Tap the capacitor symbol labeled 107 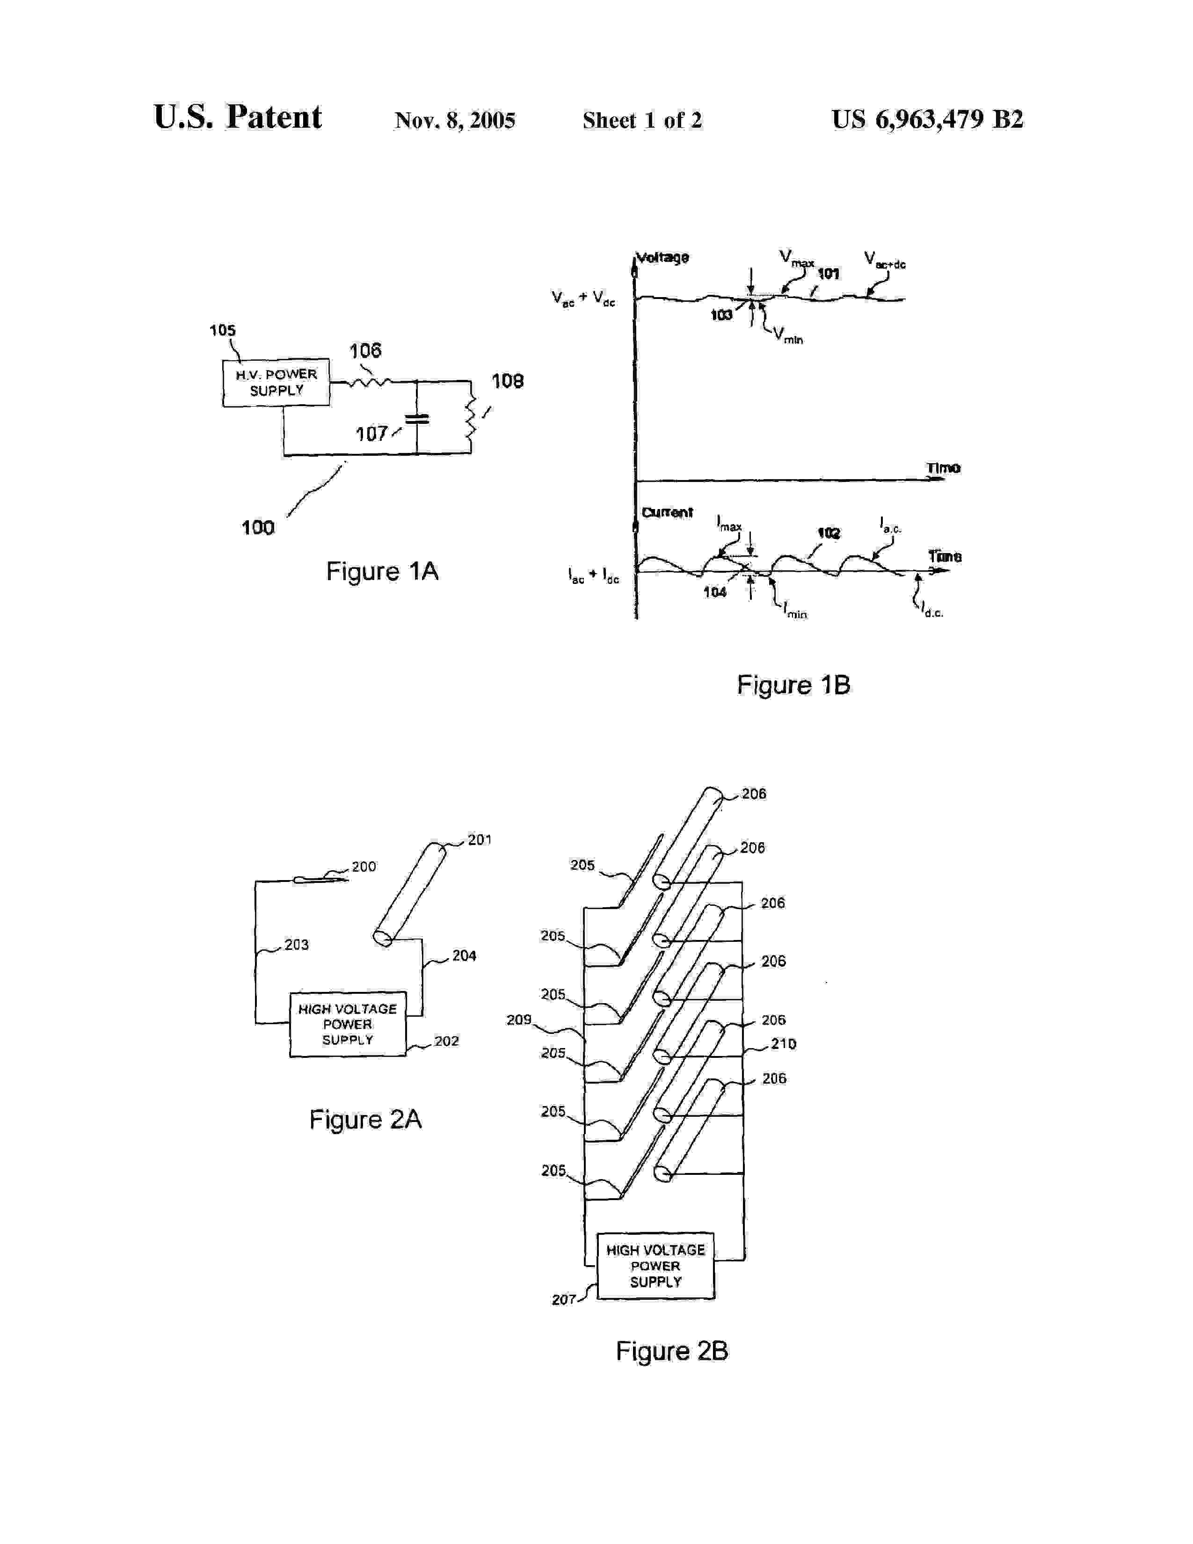tap(417, 419)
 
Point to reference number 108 tap(508, 382)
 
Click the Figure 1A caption tap(382, 571)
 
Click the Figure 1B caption tap(793, 685)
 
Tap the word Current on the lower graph tap(667, 512)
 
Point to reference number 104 tap(714, 592)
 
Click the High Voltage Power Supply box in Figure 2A tap(348, 1024)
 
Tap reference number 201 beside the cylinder tap(479, 840)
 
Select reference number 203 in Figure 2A tap(296, 945)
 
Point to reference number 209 tap(519, 1020)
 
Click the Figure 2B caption tap(671, 1351)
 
